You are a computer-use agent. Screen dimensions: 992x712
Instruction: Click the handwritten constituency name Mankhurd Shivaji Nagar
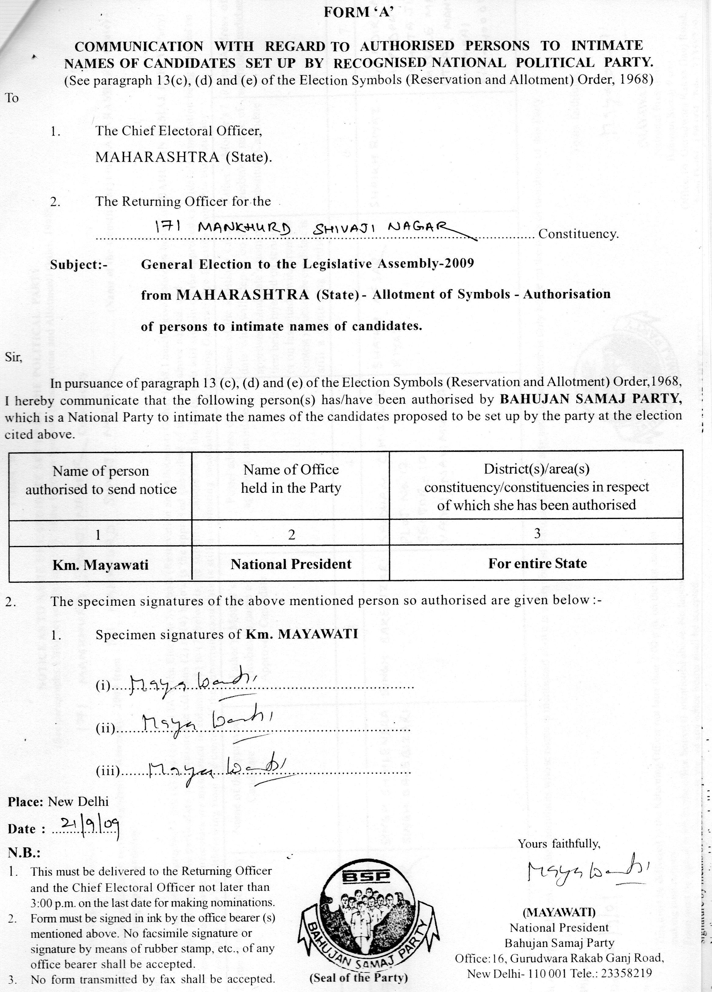(302, 228)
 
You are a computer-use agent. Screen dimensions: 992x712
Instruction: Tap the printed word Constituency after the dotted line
(578, 234)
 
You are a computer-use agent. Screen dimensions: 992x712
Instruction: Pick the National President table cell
(291, 564)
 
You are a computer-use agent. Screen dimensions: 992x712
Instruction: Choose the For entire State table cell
(537, 563)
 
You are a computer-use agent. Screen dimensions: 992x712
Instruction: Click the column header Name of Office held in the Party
(291, 479)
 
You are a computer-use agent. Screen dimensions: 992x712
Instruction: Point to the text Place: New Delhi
(58, 801)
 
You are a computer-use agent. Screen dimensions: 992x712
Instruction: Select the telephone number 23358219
(627, 973)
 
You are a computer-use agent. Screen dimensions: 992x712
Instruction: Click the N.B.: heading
(24, 853)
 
